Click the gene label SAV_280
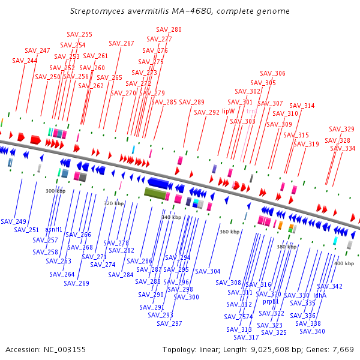click(169, 29)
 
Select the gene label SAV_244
click(25, 61)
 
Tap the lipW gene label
click(229, 111)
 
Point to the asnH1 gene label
click(54, 229)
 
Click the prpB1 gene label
click(271, 301)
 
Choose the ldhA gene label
click(320, 295)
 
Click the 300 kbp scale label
click(55, 191)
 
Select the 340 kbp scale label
click(171, 217)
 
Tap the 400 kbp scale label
click(344, 263)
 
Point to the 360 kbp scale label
click(229, 232)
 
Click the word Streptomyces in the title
click(98, 11)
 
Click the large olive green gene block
click(155, 193)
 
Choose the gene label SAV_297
click(169, 323)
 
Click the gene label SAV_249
click(13, 221)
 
